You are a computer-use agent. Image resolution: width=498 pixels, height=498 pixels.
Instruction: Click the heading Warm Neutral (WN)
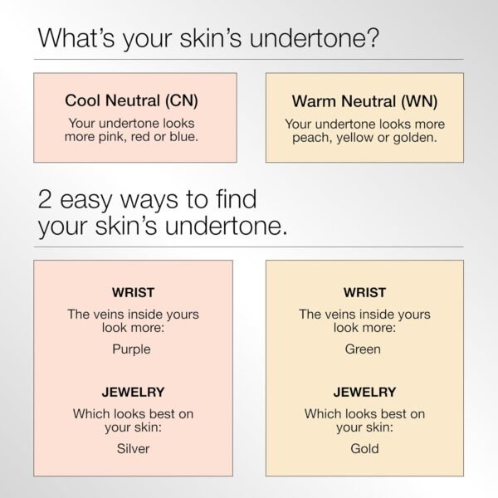(x=364, y=102)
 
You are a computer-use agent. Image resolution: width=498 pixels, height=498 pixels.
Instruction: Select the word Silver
(x=133, y=448)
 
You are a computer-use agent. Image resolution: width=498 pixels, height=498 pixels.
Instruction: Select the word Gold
(x=364, y=448)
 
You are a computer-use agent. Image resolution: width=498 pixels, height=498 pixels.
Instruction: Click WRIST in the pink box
(x=132, y=293)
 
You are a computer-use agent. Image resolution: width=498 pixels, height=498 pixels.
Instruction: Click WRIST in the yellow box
(x=364, y=293)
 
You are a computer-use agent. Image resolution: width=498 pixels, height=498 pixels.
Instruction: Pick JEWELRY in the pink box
(x=132, y=392)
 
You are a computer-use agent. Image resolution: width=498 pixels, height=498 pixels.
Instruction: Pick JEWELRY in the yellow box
(x=364, y=392)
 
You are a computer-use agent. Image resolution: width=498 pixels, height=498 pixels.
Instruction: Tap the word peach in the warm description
(x=310, y=138)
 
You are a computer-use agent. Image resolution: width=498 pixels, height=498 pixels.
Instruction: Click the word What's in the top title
(x=77, y=38)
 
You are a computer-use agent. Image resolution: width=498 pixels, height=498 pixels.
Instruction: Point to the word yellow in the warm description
(x=354, y=138)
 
